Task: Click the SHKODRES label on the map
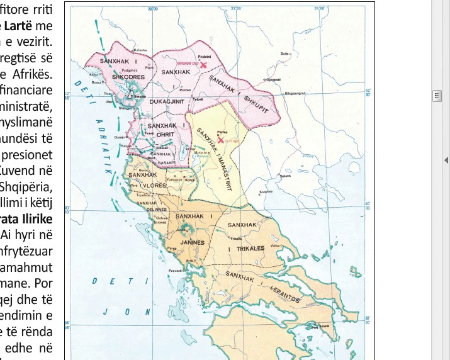click(128, 77)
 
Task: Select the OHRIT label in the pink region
click(162, 133)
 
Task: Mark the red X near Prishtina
click(203, 64)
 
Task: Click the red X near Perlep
click(220, 140)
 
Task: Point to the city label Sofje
click(284, 54)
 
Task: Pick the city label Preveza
click(175, 269)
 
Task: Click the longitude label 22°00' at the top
click(236, 9)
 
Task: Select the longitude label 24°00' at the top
click(319, 9)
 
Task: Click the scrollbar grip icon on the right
click(436, 96)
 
